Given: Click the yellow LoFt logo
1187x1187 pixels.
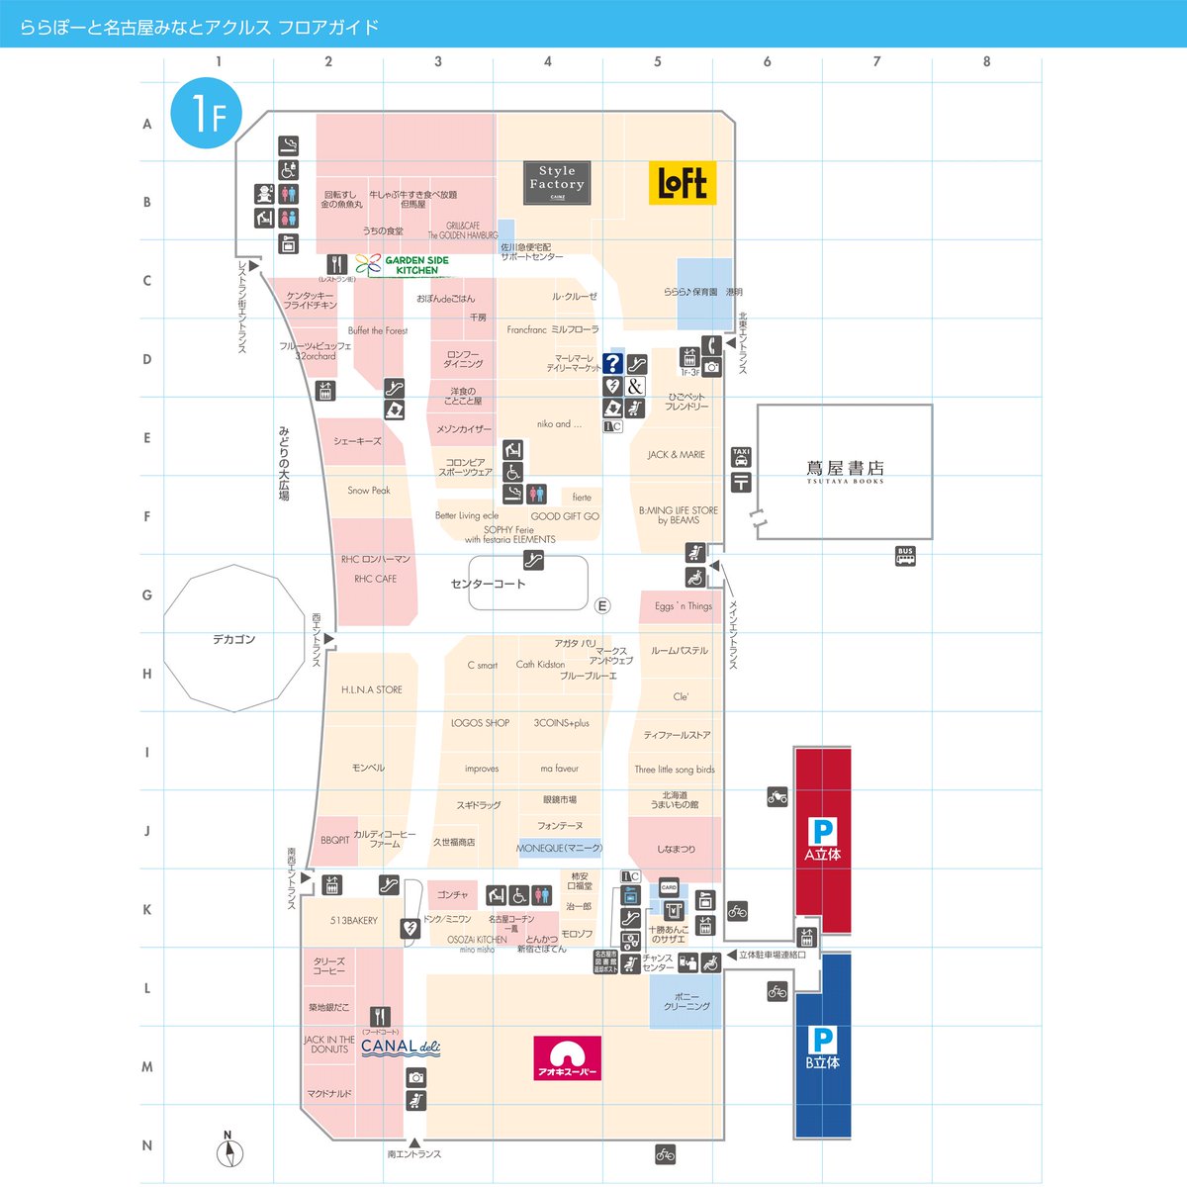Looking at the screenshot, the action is pos(683,184).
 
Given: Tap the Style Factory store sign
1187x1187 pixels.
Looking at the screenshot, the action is pos(557,183).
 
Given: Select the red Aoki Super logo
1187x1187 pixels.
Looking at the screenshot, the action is pos(568,1057).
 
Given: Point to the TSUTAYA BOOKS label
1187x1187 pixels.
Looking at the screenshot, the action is pos(845,471).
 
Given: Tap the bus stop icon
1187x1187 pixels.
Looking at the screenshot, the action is pos(905,556).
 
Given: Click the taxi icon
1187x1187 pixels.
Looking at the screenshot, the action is pos(741,458).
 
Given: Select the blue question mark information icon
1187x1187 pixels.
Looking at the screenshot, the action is pos(613,364).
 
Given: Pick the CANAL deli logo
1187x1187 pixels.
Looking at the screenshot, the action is pos(400,1047).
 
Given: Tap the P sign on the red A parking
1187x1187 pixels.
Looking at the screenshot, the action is pos(822,831).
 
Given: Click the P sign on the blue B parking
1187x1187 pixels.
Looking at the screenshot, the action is pos(822,1040).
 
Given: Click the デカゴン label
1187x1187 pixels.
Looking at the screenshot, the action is pos(234,640).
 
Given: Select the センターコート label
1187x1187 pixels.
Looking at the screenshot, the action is pos(489,584).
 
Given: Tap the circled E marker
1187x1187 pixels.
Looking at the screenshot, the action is pos(602,606).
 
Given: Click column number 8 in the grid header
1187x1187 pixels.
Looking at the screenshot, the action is pos(986,61).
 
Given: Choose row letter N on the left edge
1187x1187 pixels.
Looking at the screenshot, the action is pos(147,1145).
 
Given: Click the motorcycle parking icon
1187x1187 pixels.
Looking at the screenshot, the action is pos(777,796).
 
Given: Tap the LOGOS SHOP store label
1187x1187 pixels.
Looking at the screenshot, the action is pos(481,723).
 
